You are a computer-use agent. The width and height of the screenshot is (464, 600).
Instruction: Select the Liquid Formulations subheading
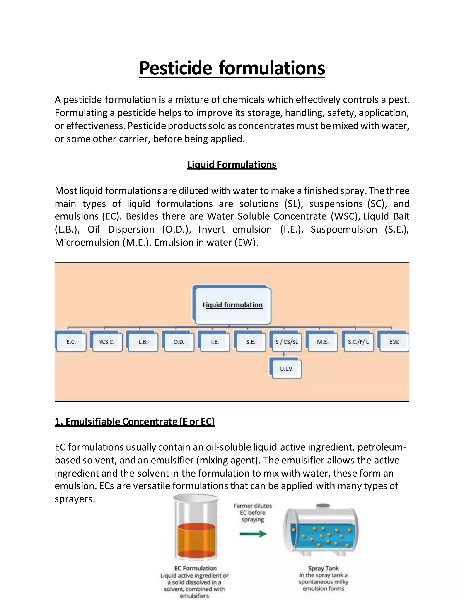[x=232, y=164]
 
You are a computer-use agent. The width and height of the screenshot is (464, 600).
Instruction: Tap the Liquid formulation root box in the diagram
[x=232, y=305]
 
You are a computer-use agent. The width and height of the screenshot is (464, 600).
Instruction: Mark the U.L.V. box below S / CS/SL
[x=286, y=369]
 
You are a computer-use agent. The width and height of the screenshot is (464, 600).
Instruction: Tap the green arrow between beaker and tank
[x=253, y=534]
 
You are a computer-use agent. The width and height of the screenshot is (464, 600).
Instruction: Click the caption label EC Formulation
[x=196, y=568]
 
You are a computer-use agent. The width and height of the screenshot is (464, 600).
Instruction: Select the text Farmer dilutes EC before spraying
[x=253, y=513]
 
